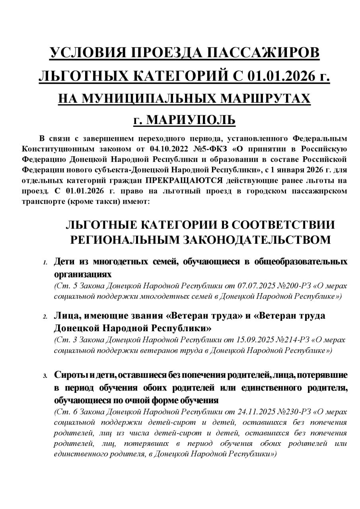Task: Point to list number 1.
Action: pos(45,263)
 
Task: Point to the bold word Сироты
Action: pos(68,375)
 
